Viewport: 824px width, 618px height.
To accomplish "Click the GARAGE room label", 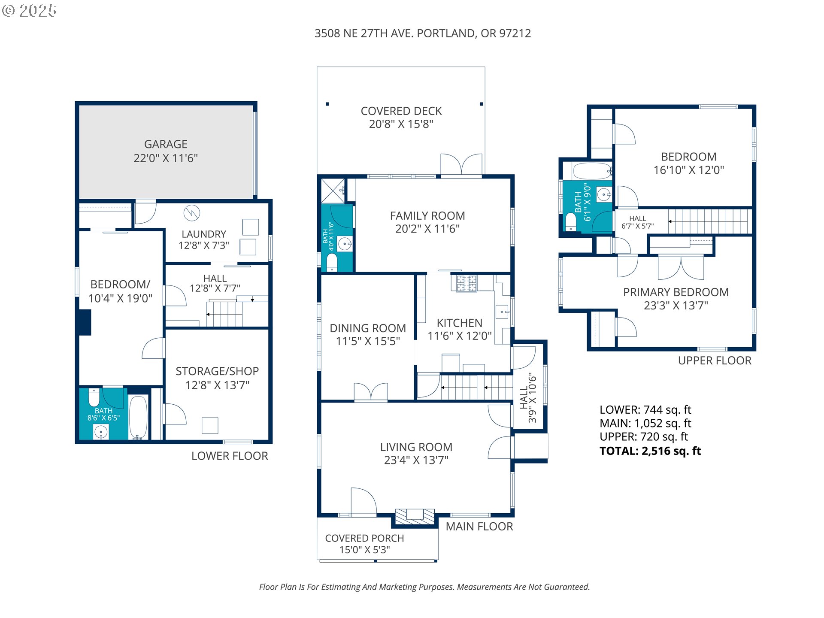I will (x=166, y=144).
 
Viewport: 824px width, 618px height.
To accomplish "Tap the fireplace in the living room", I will (x=415, y=516).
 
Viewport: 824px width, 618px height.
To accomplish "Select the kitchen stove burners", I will (x=466, y=284).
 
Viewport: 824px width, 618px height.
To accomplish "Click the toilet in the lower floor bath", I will (x=94, y=397).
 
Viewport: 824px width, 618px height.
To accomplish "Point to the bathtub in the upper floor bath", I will (x=592, y=171).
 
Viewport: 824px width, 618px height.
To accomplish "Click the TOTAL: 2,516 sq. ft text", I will (x=650, y=451).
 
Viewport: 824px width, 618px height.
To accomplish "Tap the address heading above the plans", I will (x=422, y=33).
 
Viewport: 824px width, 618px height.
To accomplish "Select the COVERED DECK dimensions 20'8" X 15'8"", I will (x=401, y=124).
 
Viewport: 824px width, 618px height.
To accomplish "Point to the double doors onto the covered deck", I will (x=461, y=165).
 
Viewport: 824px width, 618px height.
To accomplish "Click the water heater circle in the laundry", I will (x=192, y=213).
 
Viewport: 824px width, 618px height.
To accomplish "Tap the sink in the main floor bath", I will (x=345, y=244).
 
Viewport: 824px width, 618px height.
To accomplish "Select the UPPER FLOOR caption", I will (x=714, y=360).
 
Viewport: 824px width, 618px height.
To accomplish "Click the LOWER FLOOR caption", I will (x=230, y=456).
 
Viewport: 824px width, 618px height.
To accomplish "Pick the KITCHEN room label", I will (x=459, y=323).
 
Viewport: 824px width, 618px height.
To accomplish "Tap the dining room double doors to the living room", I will (x=371, y=392).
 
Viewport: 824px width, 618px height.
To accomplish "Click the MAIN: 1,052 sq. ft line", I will (x=645, y=424).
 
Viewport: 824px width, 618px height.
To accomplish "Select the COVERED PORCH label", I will (x=364, y=538).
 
